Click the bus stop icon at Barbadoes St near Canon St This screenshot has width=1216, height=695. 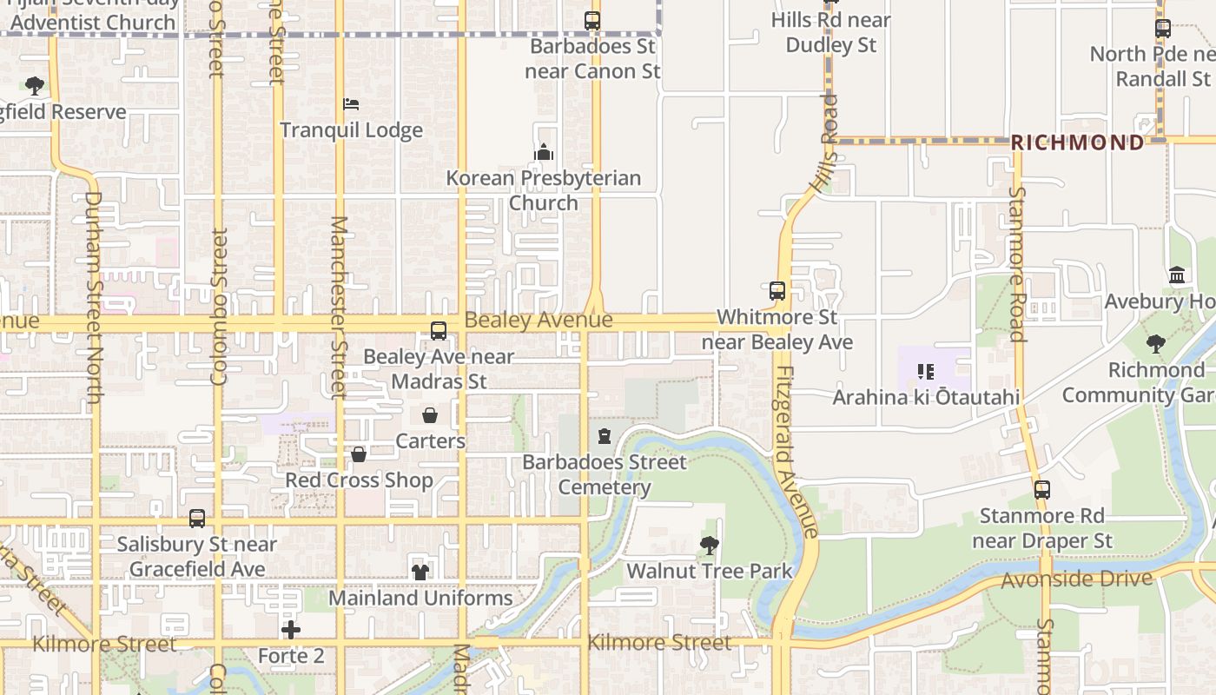pos(592,21)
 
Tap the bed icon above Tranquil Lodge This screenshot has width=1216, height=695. pos(351,105)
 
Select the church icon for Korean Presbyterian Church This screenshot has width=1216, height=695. pos(544,153)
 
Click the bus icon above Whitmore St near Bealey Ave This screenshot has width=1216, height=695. pos(777,291)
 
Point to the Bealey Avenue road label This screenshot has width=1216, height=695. pos(539,320)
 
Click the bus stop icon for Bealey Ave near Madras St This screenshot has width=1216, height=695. pos(439,331)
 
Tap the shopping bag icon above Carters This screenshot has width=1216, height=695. pos(430,415)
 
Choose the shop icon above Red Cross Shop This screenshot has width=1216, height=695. pos(359,454)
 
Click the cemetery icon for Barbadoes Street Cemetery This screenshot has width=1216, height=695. pos(605,436)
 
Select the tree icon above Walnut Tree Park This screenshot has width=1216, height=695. pos(710,546)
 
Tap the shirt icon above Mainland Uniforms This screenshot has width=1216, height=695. pos(420,572)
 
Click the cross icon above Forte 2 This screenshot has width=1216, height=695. pos(291,629)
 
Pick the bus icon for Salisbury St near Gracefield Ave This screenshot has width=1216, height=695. pos(197,519)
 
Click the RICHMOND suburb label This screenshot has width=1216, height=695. pos(1077,142)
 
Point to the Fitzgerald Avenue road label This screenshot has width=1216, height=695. pos(796,452)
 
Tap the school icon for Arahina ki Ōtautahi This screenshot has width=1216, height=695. pos(926,372)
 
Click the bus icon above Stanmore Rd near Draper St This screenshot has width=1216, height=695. pos(1042,490)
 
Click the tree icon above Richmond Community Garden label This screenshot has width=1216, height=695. pos(1155,344)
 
